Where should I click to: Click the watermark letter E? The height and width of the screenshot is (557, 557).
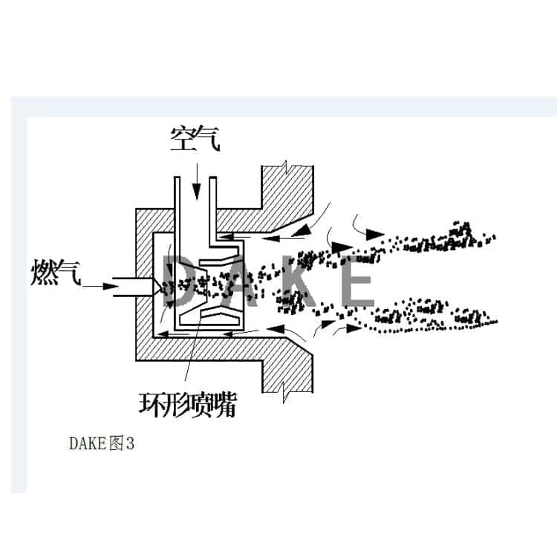click(357, 280)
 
